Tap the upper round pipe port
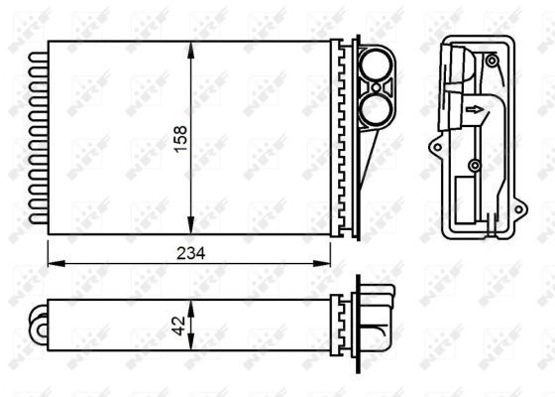click(x=376, y=69)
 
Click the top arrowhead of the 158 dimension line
click(x=188, y=48)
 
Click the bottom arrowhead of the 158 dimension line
click(x=188, y=227)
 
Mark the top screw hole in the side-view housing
click(x=492, y=61)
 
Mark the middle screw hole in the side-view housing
click(x=474, y=165)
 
